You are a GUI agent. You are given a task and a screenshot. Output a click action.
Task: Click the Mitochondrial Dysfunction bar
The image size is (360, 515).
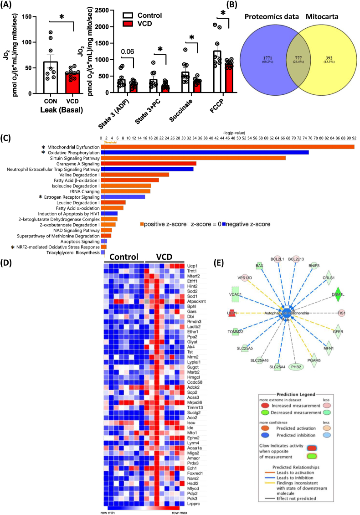(227, 147)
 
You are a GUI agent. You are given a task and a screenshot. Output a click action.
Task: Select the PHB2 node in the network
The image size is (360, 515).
(295, 366)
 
